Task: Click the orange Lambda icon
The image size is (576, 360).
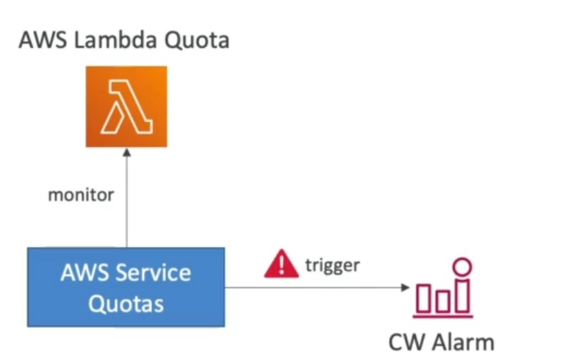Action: (126, 107)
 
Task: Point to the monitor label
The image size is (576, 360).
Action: (81, 195)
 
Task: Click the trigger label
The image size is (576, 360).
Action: (332, 264)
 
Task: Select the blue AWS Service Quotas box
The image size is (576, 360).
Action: (126, 287)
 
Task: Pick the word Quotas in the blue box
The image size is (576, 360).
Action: (126, 303)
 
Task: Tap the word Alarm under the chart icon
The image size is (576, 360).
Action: (464, 342)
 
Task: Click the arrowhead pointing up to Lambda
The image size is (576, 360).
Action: (126, 153)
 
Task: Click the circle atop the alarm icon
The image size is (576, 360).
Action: (463, 266)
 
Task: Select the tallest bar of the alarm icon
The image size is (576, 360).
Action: (463, 294)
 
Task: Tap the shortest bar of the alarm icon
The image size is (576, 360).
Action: (444, 300)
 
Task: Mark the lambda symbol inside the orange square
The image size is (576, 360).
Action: (126, 107)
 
